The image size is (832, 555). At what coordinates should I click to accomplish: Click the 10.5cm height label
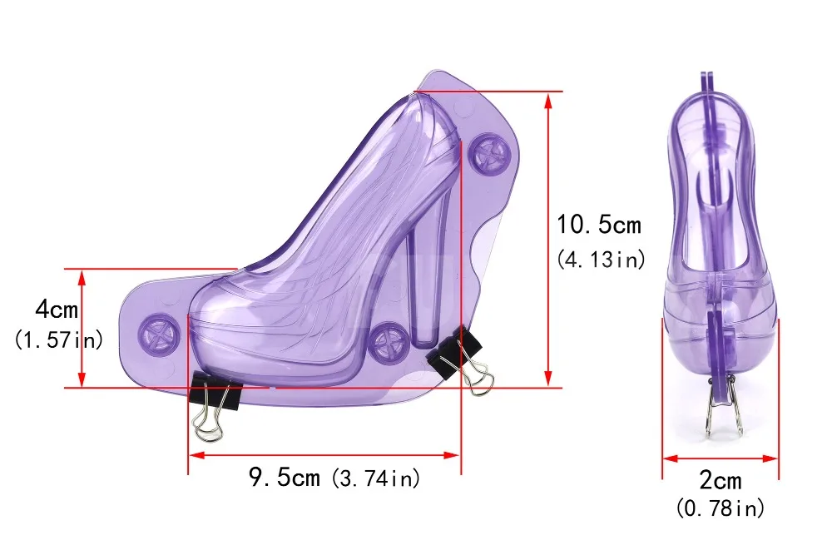point(598,225)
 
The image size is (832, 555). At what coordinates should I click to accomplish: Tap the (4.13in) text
point(601,260)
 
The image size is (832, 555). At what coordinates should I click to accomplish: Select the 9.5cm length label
point(285,477)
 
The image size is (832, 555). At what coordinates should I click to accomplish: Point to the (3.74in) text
point(376,478)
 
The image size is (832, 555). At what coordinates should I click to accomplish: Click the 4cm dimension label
point(57,309)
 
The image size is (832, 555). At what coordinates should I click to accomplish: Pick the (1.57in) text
point(58,339)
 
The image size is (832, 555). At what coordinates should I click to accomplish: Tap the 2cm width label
point(720,480)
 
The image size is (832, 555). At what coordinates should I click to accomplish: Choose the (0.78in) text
point(720,508)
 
